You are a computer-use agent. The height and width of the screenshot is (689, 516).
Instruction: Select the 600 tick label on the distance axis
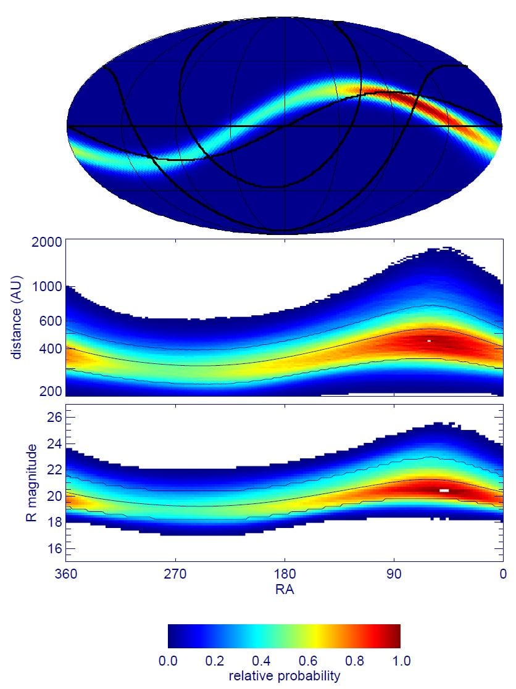tap(51, 321)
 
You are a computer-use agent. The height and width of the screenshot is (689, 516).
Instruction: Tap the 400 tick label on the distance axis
tap(51, 349)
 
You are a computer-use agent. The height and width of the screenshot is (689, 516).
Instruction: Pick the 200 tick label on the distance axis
tap(51, 391)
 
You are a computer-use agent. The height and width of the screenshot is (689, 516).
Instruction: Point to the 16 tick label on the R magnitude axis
tap(54, 548)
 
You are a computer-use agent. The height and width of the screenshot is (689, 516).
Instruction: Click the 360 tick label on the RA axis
tap(66, 574)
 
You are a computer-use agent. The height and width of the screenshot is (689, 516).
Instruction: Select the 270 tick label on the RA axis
tap(175, 574)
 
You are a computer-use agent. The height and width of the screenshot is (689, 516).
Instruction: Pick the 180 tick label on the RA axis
tap(285, 574)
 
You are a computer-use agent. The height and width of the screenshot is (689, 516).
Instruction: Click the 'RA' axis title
tap(285, 590)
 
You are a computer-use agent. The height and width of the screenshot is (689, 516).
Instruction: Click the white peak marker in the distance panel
tap(429, 340)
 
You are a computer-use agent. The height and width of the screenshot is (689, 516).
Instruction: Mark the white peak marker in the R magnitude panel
tap(444, 490)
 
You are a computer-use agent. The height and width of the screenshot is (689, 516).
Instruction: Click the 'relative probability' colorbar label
tap(285, 677)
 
